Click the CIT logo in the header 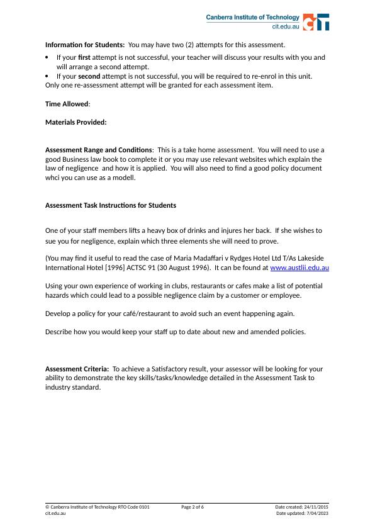click(x=316, y=22)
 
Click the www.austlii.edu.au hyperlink click(x=299, y=268)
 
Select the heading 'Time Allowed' click(x=67, y=104)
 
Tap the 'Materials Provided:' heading click(x=76, y=122)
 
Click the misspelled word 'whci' click(x=53, y=178)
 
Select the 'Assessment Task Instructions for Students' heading click(x=111, y=205)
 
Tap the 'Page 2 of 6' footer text click(x=193, y=507)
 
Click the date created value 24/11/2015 click(x=316, y=507)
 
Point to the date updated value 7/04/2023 click(x=317, y=513)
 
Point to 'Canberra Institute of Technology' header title click(x=253, y=18)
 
